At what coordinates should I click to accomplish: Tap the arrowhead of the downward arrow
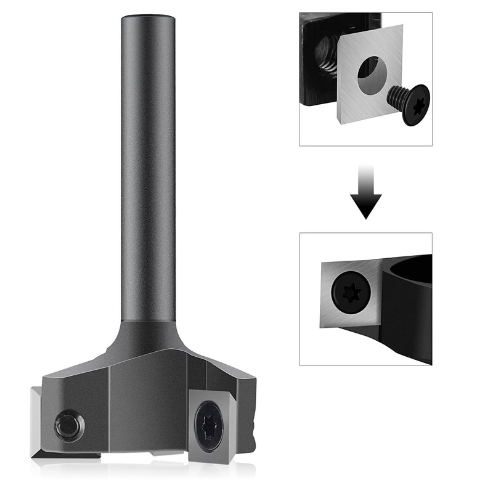point(366,206)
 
